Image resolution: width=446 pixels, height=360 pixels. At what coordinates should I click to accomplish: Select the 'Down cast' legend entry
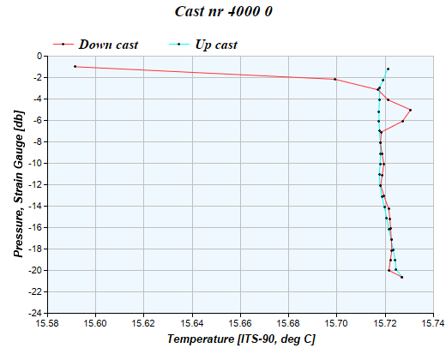pyautogui.click(x=107, y=44)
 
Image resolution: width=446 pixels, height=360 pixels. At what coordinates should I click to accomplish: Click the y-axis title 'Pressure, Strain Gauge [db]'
pyautogui.click(x=18, y=184)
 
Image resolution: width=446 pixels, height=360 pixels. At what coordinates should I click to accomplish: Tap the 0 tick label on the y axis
pyautogui.click(x=40, y=56)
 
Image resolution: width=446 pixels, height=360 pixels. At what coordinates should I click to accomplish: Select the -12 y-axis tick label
pyautogui.click(x=37, y=184)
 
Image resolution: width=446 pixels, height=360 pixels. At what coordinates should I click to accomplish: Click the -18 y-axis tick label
pyautogui.click(x=37, y=249)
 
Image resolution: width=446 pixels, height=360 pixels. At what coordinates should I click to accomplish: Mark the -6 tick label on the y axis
pyautogui.click(x=39, y=120)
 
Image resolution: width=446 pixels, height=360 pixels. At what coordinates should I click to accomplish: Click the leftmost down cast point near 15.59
pyautogui.click(x=75, y=66)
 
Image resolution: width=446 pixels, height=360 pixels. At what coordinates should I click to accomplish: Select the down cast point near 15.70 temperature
pyautogui.click(x=335, y=79)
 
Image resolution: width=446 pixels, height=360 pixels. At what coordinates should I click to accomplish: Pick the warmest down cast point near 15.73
pyautogui.click(x=410, y=110)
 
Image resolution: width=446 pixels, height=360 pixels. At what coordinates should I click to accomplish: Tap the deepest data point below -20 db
pyautogui.click(x=401, y=277)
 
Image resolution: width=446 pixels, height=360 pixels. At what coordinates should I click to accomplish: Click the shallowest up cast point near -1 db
pyautogui.click(x=388, y=69)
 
